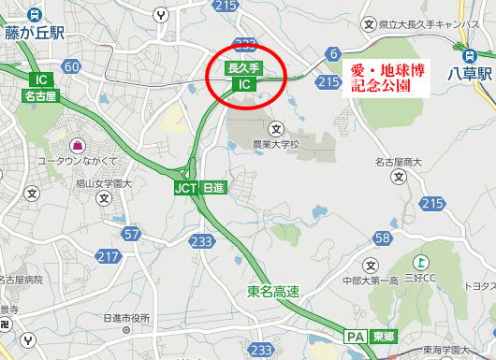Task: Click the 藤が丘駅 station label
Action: (x=35, y=32)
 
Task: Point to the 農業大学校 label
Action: (x=276, y=145)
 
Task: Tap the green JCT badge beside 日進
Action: (x=185, y=186)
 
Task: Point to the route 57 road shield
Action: (x=131, y=233)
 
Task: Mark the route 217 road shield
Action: (x=108, y=256)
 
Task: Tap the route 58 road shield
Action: (x=382, y=238)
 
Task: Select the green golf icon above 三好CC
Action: (x=422, y=263)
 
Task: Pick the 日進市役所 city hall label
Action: (x=126, y=318)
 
